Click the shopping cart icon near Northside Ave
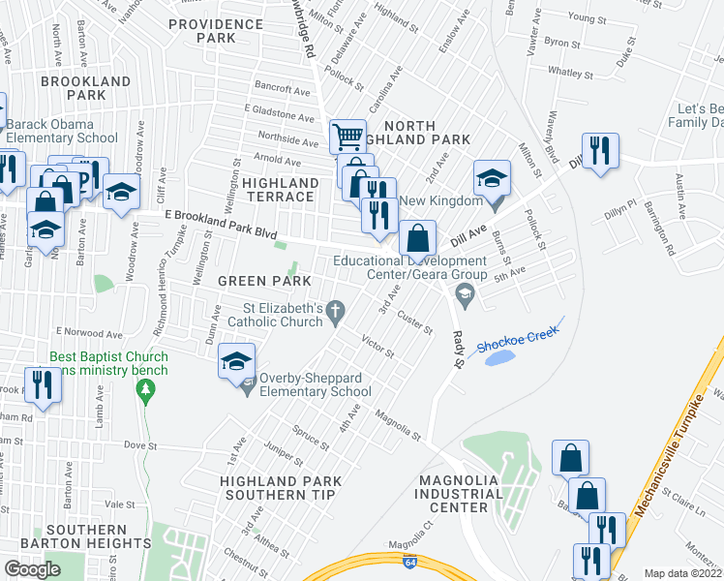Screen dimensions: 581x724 [x=347, y=136]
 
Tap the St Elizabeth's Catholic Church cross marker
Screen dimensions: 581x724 [x=336, y=312]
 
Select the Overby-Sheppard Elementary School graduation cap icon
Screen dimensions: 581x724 [x=235, y=361]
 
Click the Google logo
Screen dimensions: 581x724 [x=32, y=569]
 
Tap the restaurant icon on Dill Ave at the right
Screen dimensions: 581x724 [x=600, y=151]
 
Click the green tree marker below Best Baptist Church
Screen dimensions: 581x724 [x=145, y=391]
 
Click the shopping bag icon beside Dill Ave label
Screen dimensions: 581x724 [x=417, y=237]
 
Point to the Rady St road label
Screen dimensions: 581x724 [x=458, y=347]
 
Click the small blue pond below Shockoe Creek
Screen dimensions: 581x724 [x=500, y=358]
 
